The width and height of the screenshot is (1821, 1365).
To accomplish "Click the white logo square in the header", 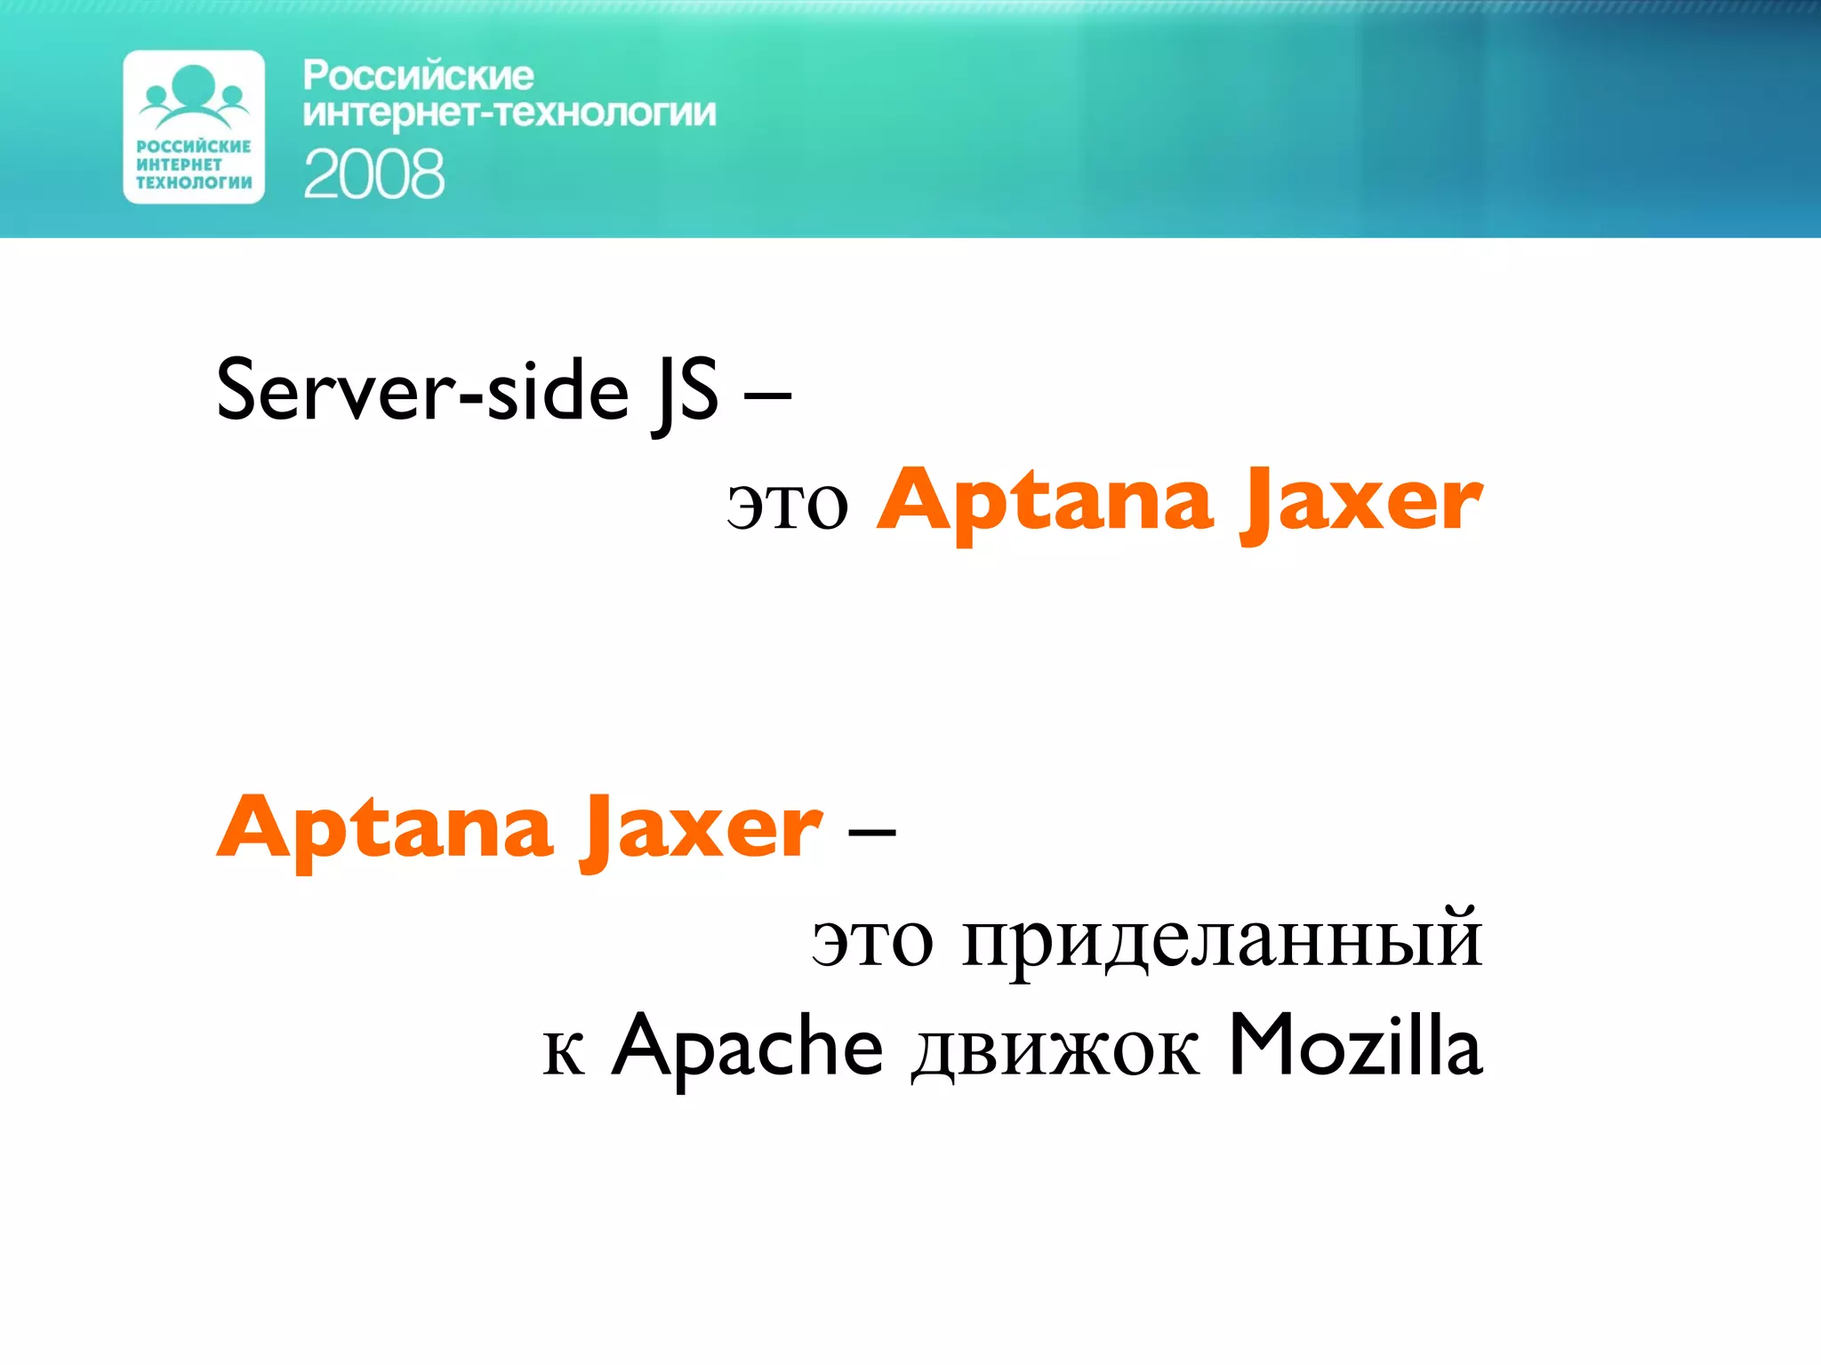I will tap(194, 127).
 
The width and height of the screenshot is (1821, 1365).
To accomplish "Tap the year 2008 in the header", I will tap(373, 174).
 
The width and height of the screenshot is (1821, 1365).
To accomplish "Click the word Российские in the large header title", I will tap(418, 76).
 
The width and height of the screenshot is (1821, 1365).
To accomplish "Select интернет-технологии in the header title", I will tap(509, 114).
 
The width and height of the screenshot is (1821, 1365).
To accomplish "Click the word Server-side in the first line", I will tap(422, 391).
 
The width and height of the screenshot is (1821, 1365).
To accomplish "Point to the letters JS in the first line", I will tap(685, 393).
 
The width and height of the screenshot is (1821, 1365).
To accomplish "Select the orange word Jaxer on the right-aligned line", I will tap(1360, 503).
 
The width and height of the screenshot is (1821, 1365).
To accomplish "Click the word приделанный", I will tap(1222, 940).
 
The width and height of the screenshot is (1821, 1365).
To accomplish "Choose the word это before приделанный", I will tap(872, 940).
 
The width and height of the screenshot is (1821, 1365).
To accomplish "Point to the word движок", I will tap(1055, 1050).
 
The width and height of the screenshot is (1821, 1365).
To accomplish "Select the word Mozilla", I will tap(1355, 1047).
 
